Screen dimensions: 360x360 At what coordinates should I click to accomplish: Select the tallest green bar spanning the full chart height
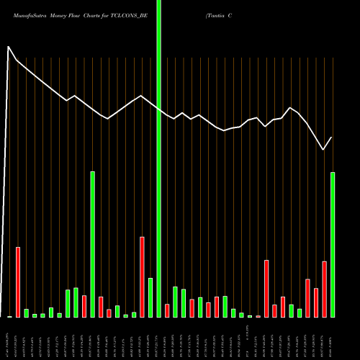click(x=159, y=158)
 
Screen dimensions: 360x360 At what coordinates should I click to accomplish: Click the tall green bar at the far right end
click(x=333, y=245)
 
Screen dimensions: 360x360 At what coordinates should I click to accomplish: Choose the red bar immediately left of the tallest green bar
click(x=143, y=277)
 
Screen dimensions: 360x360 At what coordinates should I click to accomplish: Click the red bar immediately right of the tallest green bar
click(x=167, y=310)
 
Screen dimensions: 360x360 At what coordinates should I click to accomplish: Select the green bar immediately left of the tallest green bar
click(x=150, y=297)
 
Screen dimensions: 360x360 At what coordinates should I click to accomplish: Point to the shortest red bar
click(x=258, y=316)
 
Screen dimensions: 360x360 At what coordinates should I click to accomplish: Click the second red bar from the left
click(x=84, y=306)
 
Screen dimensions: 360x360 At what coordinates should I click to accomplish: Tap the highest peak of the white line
click(x=9, y=48)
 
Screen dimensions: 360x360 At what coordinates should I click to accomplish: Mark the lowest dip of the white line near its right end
click(x=323, y=150)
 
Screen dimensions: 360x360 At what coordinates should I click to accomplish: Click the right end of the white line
click(x=332, y=138)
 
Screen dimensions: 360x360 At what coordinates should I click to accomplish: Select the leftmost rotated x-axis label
click(x=9, y=338)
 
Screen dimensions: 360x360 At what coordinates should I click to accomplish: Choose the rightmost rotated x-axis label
click(x=333, y=338)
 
